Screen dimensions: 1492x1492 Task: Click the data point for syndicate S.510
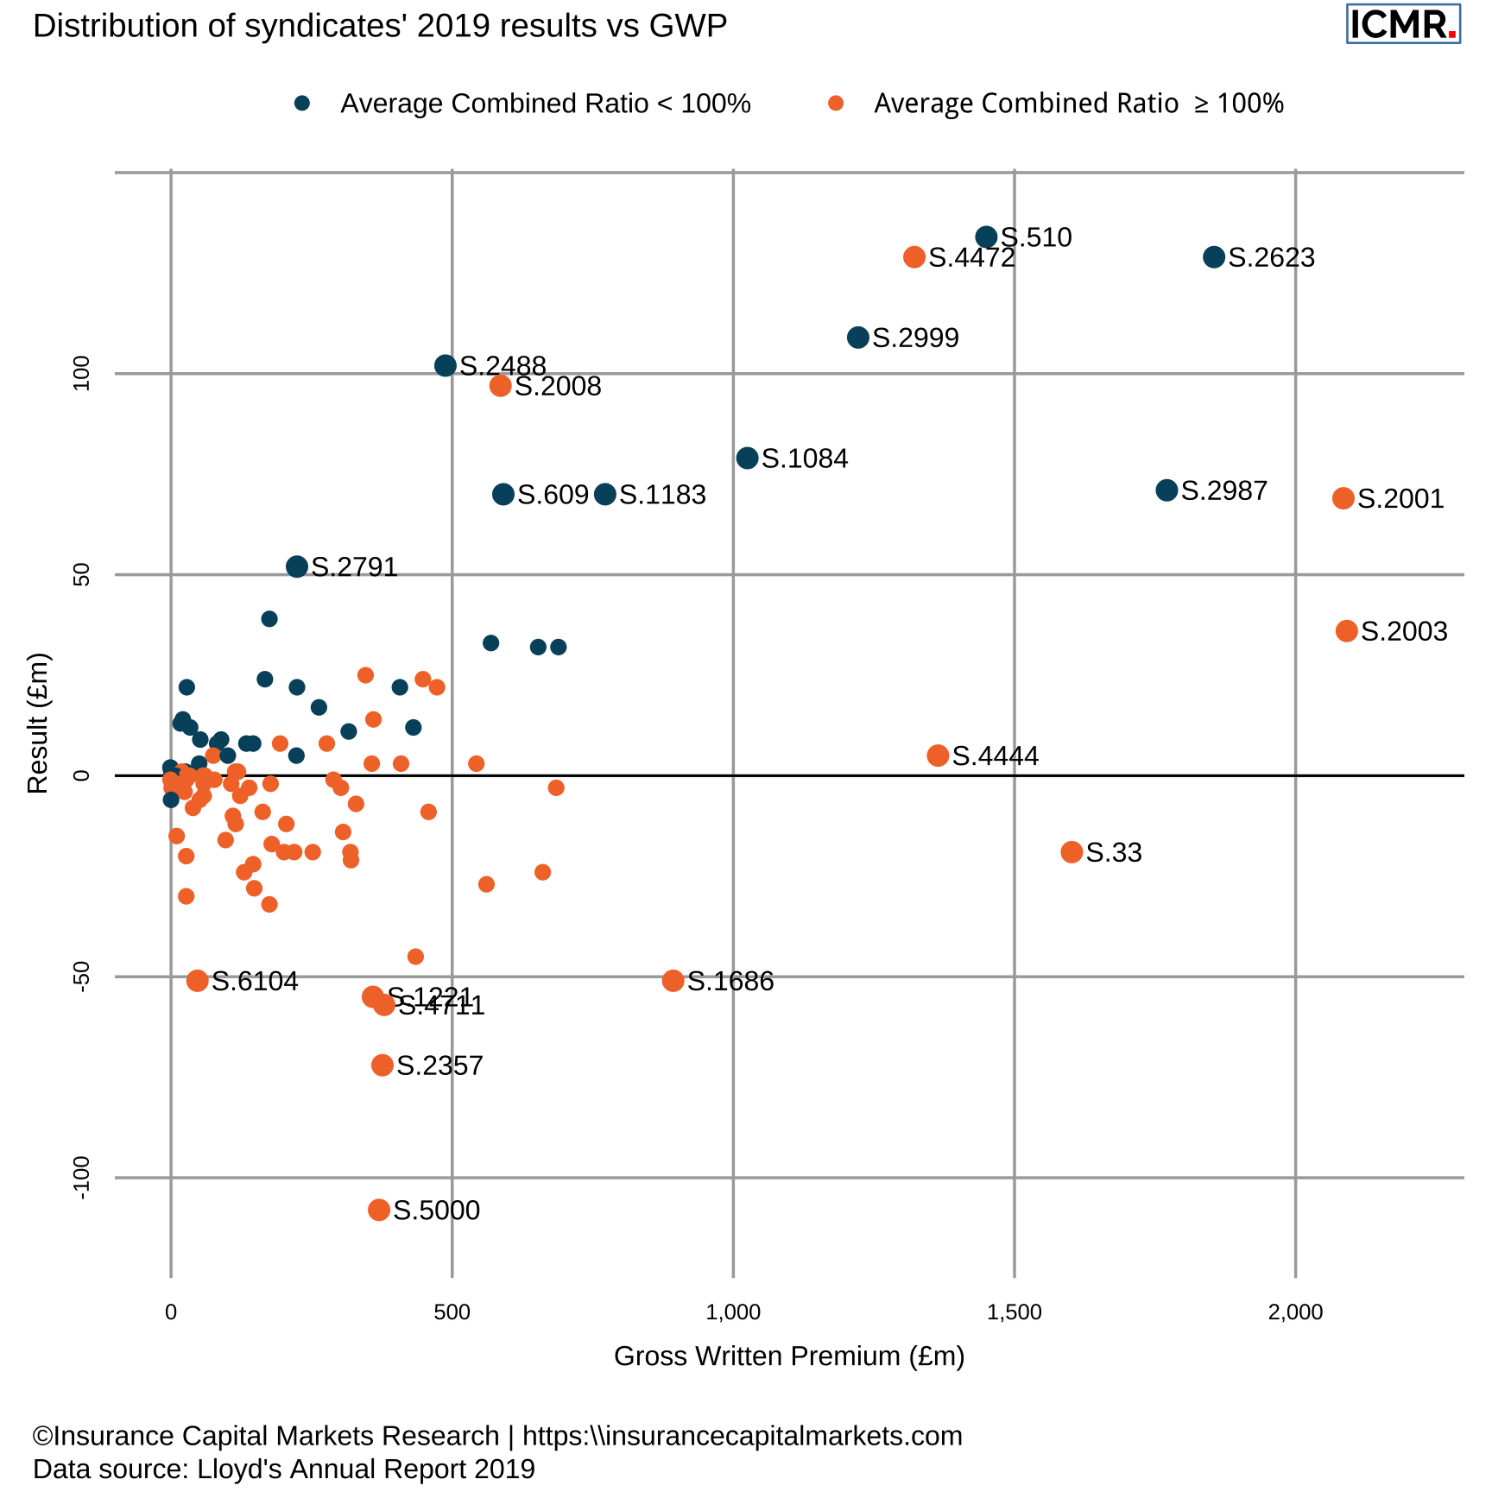point(986,237)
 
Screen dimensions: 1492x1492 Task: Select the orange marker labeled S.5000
point(379,1210)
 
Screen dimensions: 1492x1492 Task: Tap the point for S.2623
point(1214,256)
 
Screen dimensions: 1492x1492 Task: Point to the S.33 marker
point(1072,852)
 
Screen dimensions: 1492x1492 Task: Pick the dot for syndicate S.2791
point(297,566)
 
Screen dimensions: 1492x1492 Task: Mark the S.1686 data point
point(673,981)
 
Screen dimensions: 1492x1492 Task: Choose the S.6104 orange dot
point(198,981)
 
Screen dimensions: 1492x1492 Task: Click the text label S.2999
point(915,338)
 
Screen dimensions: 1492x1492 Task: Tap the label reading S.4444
point(995,756)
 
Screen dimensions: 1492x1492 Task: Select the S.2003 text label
point(1404,631)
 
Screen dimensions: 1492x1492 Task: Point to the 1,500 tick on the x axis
point(1014,1313)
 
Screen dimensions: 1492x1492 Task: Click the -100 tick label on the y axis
point(82,1178)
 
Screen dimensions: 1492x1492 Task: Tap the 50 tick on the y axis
point(82,575)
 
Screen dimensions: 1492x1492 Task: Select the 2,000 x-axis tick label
point(1295,1313)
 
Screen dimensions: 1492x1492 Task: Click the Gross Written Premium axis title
point(788,1356)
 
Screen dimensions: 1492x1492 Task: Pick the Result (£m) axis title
point(38,723)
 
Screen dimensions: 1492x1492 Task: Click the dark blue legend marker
point(301,104)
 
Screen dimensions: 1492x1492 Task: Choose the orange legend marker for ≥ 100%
point(835,104)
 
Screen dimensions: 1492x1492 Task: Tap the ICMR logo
point(1402,24)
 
